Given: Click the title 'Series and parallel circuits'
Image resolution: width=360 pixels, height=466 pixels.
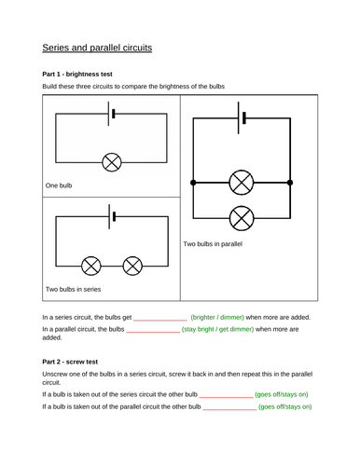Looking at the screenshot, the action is click(x=97, y=48).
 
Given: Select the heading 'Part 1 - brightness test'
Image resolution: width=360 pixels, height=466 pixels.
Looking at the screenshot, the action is click(x=77, y=75).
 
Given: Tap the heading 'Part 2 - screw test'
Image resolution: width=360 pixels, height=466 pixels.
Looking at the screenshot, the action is click(x=70, y=362).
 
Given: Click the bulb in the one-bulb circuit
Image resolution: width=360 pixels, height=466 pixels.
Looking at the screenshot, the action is click(x=112, y=162).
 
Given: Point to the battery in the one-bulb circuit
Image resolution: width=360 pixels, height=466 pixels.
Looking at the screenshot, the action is click(x=111, y=114).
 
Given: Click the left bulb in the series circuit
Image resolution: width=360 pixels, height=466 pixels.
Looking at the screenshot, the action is click(x=91, y=266).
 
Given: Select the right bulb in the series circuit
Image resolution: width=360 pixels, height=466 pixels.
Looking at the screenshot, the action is click(x=132, y=266).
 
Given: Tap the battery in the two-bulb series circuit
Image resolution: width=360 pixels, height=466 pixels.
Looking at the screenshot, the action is click(x=112, y=216).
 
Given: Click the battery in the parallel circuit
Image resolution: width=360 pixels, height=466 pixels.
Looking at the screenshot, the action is click(x=242, y=118).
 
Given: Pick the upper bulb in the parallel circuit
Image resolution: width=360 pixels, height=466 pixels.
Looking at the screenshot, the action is click(x=242, y=183).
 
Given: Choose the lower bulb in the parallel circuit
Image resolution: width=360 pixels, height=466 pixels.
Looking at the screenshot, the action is click(x=242, y=218).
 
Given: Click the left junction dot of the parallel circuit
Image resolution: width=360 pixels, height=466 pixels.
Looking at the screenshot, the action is click(x=193, y=183).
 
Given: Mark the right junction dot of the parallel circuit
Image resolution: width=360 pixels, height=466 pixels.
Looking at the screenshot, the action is click(x=290, y=183).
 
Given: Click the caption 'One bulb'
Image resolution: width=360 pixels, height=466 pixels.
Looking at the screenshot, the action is click(x=59, y=185).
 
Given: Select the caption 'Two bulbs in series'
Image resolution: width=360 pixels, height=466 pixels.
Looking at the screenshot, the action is click(x=74, y=289).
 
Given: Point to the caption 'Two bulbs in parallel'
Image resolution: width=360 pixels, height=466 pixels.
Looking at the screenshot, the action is click(x=213, y=244).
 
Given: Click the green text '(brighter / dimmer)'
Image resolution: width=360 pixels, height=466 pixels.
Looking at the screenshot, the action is click(x=217, y=317).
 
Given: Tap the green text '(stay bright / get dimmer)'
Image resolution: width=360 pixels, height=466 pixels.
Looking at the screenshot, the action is click(x=217, y=329).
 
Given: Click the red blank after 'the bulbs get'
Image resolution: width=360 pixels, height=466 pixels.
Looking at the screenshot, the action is click(x=160, y=320).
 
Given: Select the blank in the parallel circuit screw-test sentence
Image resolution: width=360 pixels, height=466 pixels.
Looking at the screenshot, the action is click(x=229, y=409).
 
